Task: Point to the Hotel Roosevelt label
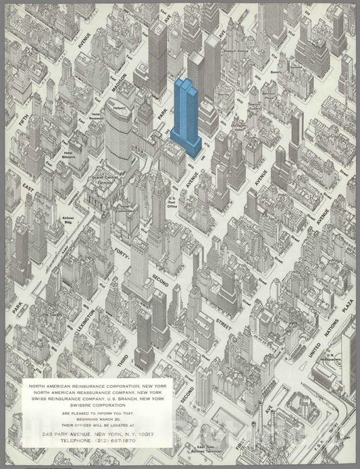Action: [97, 123]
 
